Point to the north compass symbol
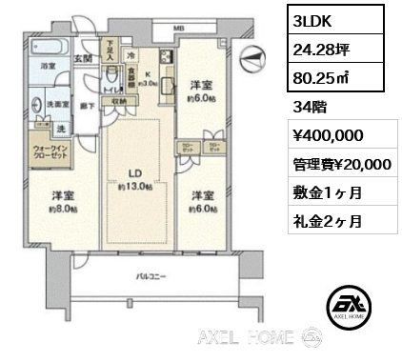(x=253, y=58)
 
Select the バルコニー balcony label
(x=150, y=278)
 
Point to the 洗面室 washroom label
(x=56, y=103)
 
